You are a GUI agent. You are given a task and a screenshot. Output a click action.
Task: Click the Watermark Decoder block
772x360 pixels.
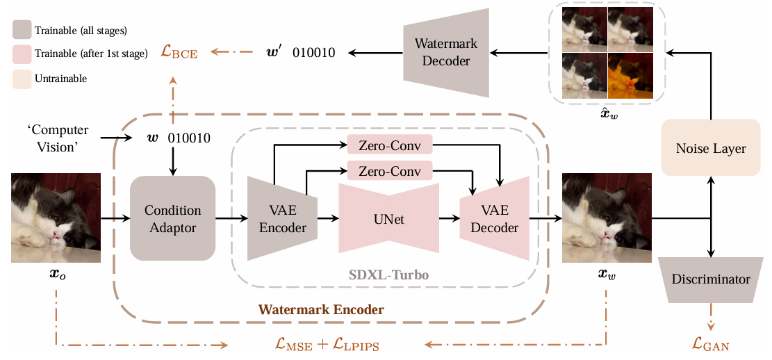[446, 53]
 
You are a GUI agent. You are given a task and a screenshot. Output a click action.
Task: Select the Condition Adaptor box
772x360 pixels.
[172, 218]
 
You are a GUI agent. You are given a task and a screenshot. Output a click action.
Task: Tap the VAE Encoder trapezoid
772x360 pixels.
[281, 218]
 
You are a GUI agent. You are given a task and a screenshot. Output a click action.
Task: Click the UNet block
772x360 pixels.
[388, 218]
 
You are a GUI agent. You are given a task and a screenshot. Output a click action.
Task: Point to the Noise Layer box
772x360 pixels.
[710, 148]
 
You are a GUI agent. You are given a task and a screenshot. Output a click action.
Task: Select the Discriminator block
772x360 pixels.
[710, 279]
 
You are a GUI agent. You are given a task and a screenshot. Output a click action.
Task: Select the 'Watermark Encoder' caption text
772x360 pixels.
[320, 310]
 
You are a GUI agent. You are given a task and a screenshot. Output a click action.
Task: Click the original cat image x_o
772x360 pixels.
[56, 218]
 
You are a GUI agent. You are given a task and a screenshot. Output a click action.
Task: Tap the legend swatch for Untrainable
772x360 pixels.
[22, 79]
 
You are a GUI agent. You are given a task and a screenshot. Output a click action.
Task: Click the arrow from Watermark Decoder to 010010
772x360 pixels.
[375, 53]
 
